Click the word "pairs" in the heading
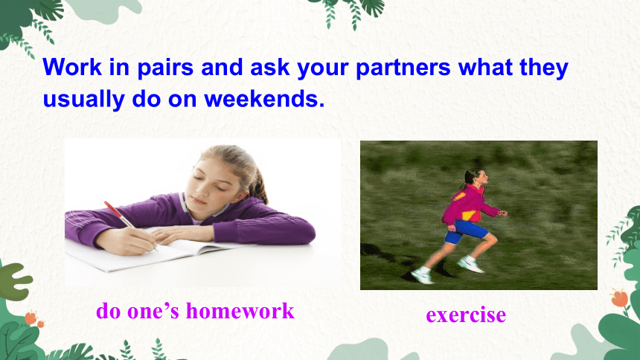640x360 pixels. pyautogui.click(x=165, y=68)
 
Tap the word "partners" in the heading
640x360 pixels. pyautogui.click(x=403, y=68)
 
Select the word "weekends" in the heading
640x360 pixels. pyautogui.click(x=264, y=99)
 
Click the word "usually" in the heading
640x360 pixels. pyautogui.click(x=83, y=100)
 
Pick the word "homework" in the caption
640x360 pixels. pyautogui.click(x=240, y=311)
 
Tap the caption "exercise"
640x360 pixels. pyautogui.click(x=466, y=315)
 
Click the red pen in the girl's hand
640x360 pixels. pyautogui.click(x=129, y=224)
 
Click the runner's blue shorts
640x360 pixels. pyautogui.click(x=466, y=231)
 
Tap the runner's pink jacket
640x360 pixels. pyautogui.click(x=469, y=205)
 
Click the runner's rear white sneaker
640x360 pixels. pyautogui.click(x=422, y=275)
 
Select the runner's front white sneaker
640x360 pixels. pyautogui.click(x=470, y=265)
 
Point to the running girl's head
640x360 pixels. pyautogui.click(x=477, y=177)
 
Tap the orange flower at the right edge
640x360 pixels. pyautogui.click(x=619, y=298)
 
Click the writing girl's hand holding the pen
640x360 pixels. pyautogui.click(x=126, y=242)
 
